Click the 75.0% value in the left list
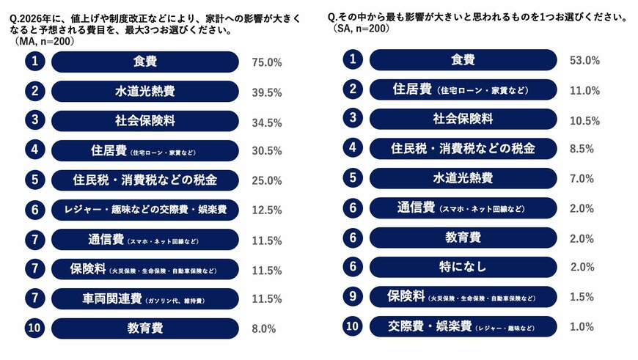[266, 62]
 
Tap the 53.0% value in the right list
[584, 60]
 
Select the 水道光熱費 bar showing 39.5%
[144, 92]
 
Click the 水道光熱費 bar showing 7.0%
[462, 178]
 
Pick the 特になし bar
[462, 267]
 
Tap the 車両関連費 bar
[144, 298]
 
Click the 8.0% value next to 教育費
[263, 328]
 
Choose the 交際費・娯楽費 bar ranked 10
[462, 326]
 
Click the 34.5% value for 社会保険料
[266, 122]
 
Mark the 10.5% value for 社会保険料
[584, 120]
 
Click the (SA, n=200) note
[358, 29]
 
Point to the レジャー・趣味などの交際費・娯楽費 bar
[144, 210]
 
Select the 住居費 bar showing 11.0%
[462, 90]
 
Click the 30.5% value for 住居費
[266, 151]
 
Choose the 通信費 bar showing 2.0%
[462, 208]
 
